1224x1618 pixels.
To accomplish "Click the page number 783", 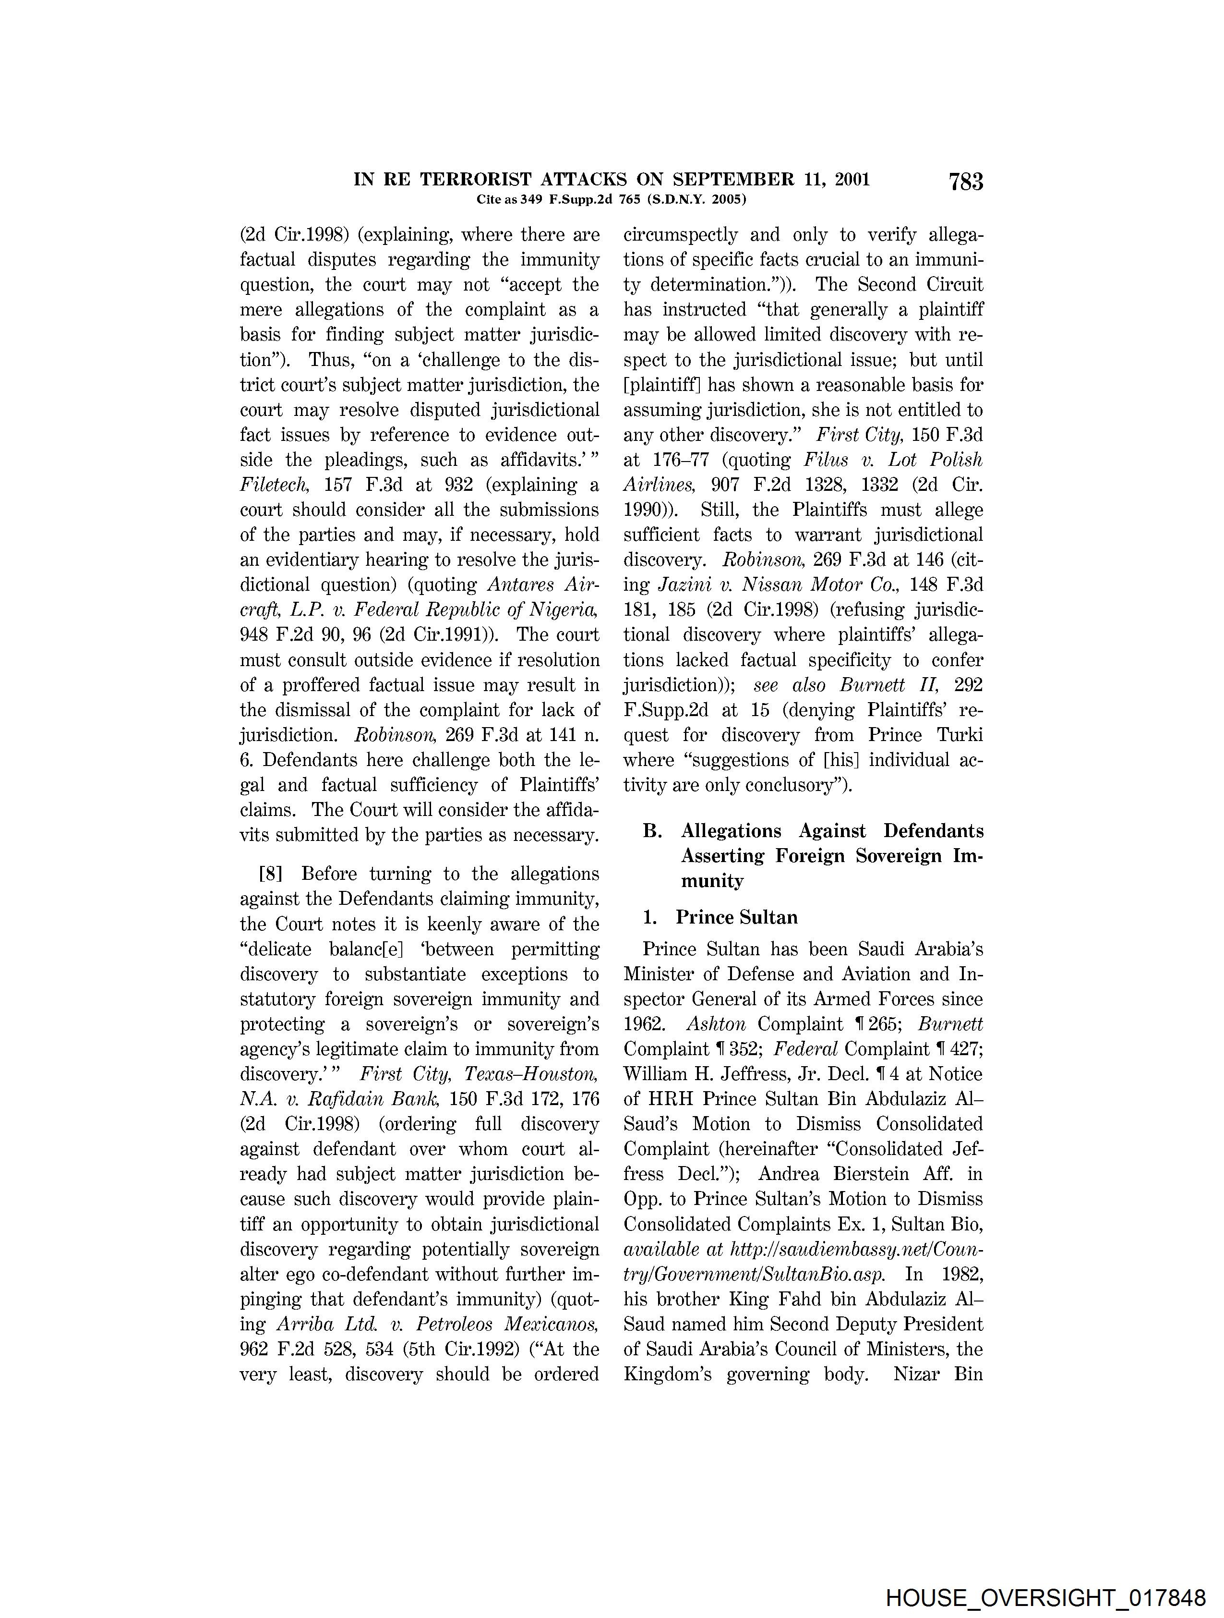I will click(x=965, y=182).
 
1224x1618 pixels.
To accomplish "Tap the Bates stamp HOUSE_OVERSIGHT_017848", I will click(x=1045, y=1598).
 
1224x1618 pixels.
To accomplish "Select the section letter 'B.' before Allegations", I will click(x=652, y=831).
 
